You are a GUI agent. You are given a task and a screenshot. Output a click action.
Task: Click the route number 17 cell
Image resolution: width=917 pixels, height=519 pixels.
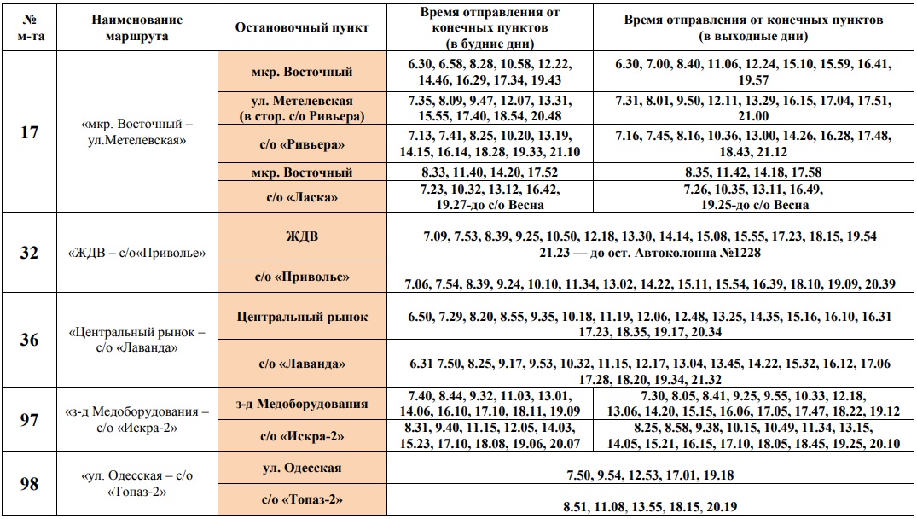coord(29,133)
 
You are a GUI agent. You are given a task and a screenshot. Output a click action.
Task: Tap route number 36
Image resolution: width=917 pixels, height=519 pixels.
coord(29,340)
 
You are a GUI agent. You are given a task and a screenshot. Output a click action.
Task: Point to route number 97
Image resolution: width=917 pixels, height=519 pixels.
coord(29,419)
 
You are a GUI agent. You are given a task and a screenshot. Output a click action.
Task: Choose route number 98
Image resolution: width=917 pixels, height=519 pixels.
coord(29,484)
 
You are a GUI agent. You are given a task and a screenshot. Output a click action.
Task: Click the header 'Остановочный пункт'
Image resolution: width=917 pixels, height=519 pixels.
coord(302,27)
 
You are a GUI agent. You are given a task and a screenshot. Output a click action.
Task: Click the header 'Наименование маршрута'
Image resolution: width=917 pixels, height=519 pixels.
coord(137,27)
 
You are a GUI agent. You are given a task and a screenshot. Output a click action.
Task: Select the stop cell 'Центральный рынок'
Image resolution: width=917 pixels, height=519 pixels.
coord(302,317)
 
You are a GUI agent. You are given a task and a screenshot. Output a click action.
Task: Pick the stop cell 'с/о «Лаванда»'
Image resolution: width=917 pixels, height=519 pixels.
coord(302,364)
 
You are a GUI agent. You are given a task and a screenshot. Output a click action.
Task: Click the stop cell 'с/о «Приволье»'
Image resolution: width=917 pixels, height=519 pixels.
coord(302,277)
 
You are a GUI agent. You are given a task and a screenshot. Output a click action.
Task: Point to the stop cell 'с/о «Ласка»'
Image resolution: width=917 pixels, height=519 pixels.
coord(302,197)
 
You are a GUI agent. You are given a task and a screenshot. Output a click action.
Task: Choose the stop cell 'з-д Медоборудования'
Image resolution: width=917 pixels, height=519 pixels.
coord(302,404)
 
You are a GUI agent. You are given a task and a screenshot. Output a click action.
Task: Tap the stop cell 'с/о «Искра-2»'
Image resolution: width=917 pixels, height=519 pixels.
coord(302,436)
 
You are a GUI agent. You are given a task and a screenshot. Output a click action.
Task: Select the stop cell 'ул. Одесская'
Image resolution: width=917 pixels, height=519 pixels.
coord(302,468)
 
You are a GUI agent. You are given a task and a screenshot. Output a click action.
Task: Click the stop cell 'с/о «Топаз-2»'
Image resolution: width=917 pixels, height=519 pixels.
coord(302,499)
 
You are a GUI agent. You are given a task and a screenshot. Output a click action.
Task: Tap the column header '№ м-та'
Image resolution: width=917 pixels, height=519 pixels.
coord(29,27)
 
